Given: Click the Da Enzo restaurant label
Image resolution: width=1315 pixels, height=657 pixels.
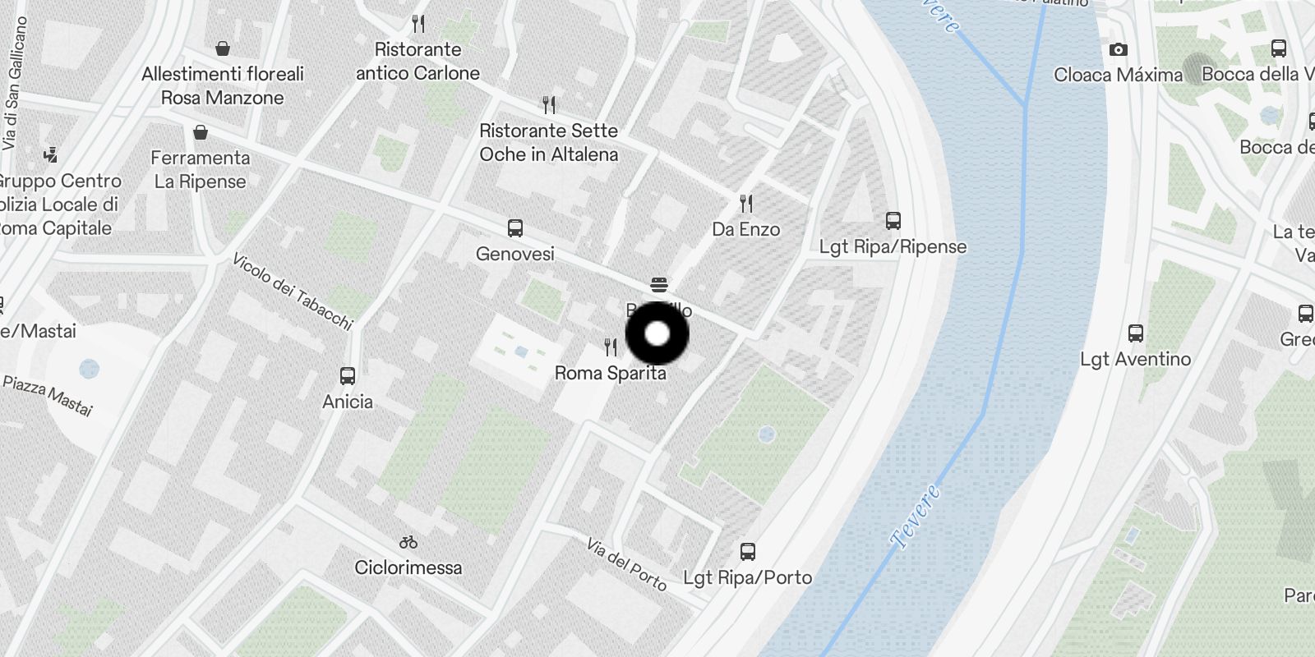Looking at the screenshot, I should (745, 229).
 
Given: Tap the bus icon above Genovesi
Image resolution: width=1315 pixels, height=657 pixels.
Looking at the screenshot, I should (515, 227).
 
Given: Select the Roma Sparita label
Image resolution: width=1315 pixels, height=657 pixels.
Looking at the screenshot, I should (610, 373).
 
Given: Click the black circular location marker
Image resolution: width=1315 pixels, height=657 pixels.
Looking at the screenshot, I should (657, 333).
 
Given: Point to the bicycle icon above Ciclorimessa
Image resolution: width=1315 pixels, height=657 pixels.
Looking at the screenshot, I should (408, 542).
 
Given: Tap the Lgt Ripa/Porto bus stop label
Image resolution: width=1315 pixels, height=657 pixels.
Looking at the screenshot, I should (747, 577).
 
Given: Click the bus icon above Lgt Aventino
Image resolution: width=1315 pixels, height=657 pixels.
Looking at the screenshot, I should (1136, 333).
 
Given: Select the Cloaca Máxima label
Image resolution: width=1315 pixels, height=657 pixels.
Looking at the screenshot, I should (1118, 75).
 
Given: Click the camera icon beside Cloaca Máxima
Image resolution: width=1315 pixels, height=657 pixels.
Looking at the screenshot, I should (1118, 50).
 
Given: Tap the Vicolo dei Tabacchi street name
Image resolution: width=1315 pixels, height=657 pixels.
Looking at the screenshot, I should (292, 292).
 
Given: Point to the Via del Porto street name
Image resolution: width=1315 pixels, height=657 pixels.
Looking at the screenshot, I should (626, 563).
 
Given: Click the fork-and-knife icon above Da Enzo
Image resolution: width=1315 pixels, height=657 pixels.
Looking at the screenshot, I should (745, 203).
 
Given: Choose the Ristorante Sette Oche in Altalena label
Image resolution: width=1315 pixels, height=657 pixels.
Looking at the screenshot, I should (548, 142).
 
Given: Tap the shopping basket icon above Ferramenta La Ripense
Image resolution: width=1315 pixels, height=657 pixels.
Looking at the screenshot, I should (201, 132).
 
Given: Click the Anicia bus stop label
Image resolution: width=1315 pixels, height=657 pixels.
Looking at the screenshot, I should (347, 402).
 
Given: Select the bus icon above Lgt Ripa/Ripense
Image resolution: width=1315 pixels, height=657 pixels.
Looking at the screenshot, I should (893, 220).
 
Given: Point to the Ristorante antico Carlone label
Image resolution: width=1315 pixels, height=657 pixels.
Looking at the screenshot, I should (418, 62).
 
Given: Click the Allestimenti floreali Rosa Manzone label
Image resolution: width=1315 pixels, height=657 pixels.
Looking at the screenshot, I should (222, 85).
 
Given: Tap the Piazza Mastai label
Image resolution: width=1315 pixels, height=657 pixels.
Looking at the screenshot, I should (48, 395).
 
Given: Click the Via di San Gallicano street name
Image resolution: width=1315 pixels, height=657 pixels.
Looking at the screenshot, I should (14, 82).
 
